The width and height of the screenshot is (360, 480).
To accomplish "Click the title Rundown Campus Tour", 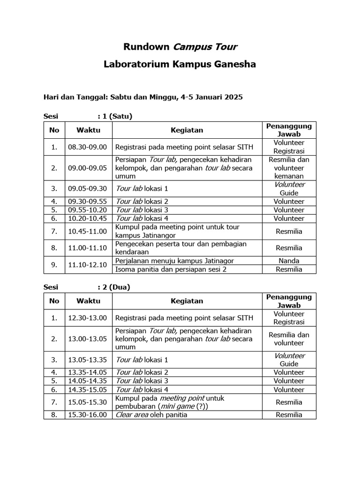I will coord(180,47).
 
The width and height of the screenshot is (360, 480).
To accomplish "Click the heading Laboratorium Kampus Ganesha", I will coord(180,64).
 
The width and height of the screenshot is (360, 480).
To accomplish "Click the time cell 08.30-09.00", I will coord(88,147).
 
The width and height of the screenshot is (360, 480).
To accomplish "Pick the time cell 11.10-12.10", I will coord(88,265).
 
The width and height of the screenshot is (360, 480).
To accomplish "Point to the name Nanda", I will coord(289,261).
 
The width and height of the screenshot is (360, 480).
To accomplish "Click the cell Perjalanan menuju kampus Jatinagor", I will coord(174,261).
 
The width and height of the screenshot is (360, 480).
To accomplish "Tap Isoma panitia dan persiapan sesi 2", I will coord(171,269).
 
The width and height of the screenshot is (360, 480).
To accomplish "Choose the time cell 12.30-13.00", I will coord(88,318).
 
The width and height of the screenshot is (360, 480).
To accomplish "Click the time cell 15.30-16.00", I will coord(88,414).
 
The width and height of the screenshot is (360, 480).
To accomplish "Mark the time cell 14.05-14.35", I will coord(88,381).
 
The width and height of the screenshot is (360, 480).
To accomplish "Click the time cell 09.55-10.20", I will coord(88,210).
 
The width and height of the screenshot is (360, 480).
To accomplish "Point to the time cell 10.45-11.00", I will coord(88,231).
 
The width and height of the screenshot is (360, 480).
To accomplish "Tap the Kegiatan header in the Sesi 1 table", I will coord(187,130).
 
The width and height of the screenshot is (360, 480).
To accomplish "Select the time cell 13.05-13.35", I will coord(88,360).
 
